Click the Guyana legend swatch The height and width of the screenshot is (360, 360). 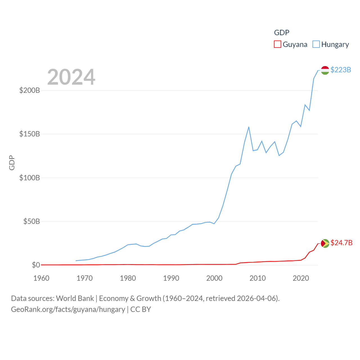(278, 44)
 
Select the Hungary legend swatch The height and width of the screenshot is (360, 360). (316, 44)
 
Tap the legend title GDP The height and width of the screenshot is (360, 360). (282, 33)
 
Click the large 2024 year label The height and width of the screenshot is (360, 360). (71, 77)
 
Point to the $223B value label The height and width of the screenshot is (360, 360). (341, 70)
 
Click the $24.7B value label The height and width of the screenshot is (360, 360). (341, 243)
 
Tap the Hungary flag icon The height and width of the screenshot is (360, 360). (325, 70)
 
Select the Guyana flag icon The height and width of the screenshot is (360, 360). (325, 243)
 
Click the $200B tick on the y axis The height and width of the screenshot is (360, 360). (30, 90)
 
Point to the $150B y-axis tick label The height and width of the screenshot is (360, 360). (30, 134)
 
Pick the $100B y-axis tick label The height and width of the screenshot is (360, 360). (30, 178)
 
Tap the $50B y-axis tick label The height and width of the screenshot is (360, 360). (31, 221)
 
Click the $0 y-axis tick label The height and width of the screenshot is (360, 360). (36, 265)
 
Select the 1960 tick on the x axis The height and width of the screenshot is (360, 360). (41, 278)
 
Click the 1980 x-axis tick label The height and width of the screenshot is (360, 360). (128, 278)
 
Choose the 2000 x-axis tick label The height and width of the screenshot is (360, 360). (214, 278)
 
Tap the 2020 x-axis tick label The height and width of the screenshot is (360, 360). (301, 278)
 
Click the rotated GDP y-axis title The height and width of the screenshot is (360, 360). (12, 163)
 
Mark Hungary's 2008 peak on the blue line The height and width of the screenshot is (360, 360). (249, 127)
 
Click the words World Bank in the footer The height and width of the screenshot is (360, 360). (75, 298)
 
